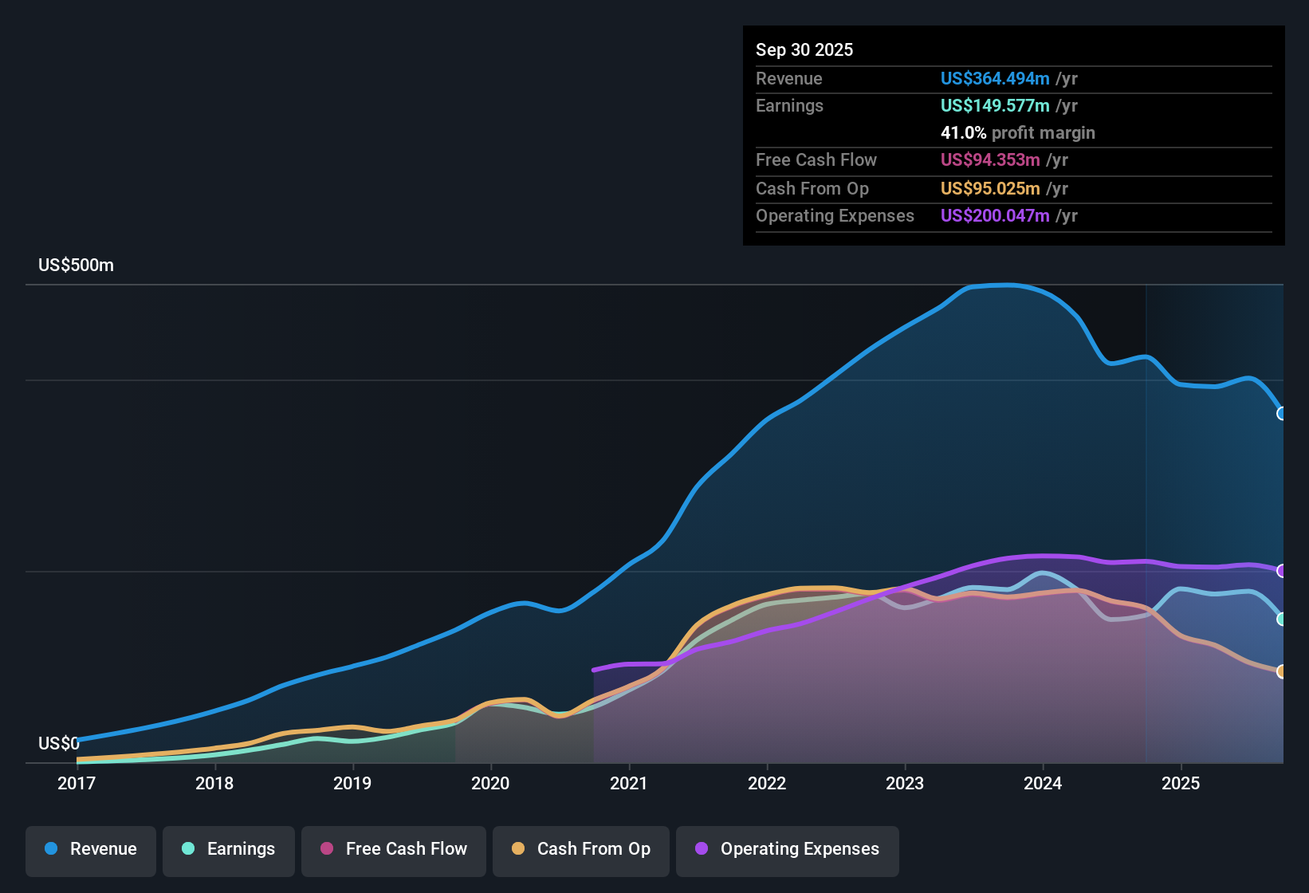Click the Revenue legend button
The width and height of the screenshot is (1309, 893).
point(91,849)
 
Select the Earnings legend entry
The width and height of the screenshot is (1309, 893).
point(228,849)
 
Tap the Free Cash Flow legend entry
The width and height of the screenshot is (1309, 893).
point(393,849)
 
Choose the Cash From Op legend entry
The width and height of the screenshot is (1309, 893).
point(580,849)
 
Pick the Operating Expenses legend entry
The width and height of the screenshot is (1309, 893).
point(787,849)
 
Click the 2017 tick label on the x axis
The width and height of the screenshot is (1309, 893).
point(77,783)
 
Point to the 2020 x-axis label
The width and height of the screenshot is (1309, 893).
point(490,783)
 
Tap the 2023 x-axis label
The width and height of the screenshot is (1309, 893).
point(905,783)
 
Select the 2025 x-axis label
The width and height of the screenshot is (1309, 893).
point(1181,783)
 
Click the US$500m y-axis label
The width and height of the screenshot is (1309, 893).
point(76,266)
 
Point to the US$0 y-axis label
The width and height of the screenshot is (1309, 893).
point(59,744)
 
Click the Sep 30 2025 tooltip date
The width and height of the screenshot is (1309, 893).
point(804,50)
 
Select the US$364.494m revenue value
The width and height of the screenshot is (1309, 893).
point(994,79)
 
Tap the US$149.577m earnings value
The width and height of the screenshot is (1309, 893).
point(994,106)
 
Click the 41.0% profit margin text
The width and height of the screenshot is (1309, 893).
point(1017,133)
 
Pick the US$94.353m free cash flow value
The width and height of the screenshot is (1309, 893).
point(989,160)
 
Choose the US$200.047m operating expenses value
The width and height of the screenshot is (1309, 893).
point(994,216)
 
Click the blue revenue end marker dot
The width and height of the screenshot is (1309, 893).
point(1282,413)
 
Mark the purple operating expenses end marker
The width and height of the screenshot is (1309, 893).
point(1282,571)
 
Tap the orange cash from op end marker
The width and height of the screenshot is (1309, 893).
point(1282,671)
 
